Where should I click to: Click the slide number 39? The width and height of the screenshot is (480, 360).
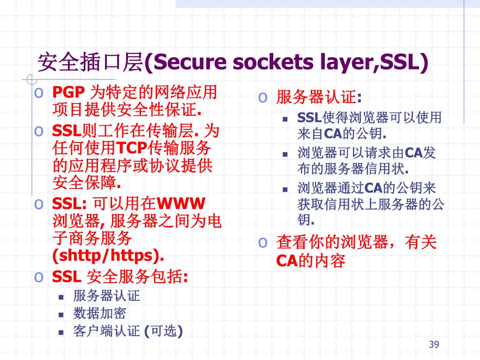coord(434,345)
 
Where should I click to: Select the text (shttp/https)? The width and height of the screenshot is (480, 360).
coord(108,256)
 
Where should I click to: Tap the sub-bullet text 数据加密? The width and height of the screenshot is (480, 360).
coord(99,313)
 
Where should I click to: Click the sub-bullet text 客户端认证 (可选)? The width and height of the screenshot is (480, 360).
coord(128,331)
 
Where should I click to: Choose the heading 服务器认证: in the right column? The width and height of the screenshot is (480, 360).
coord(319,98)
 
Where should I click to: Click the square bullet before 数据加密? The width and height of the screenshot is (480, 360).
coord(61,314)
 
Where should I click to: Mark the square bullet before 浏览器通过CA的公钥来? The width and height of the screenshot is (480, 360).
coord(285,190)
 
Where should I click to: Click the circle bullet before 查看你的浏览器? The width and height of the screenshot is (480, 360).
coord(263,242)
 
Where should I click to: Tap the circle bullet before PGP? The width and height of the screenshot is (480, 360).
coord(40,92)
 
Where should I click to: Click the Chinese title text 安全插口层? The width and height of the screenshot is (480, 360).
coord(89,62)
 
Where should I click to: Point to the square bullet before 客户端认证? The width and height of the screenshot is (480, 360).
coord(61,332)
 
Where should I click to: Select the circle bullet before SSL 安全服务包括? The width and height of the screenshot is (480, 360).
coord(40,277)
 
